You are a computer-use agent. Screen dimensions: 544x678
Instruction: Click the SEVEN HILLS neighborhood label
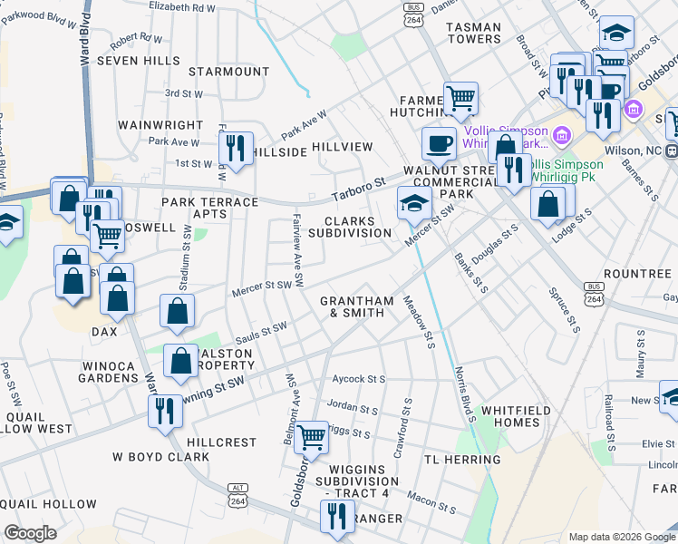tap(139, 60)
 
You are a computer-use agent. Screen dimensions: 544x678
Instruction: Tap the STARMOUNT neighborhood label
tap(229, 72)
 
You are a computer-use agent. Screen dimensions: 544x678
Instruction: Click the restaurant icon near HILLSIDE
tap(236, 147)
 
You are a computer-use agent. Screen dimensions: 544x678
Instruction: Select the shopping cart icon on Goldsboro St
tap(312, 436)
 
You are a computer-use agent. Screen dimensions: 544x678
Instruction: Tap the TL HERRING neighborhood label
tap(461, 461)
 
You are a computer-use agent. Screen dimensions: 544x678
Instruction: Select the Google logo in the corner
tap(30, 534)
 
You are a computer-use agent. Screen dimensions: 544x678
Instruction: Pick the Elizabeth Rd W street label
tap(183, 6)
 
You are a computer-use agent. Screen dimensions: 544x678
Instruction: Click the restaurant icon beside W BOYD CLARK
tap(163, 411)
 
